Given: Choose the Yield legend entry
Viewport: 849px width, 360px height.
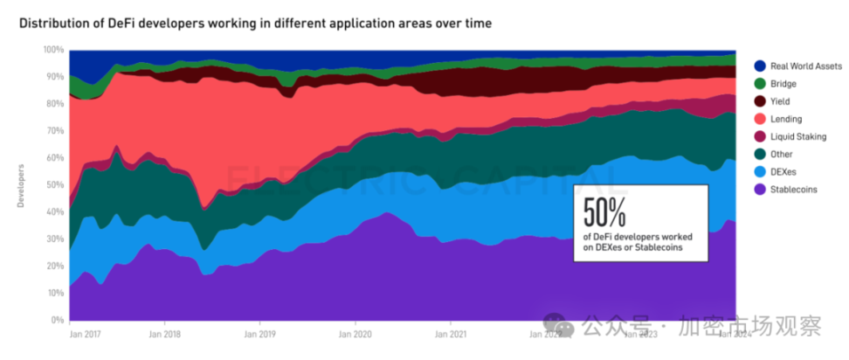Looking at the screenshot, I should point(780,100).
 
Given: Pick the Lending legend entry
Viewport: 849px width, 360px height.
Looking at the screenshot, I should point(786,119).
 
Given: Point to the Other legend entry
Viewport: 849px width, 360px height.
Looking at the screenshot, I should point(782,154).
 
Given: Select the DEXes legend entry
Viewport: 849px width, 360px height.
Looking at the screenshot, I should point(783,171).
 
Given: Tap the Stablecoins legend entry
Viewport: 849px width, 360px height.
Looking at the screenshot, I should point(793,189).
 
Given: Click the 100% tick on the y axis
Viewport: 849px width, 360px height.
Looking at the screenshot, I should point(53,50).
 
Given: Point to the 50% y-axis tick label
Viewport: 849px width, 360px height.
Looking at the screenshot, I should point(55,185).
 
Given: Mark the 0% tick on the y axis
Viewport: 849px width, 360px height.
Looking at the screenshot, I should point(58,320).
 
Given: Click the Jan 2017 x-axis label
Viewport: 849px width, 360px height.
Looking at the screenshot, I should point(85,333).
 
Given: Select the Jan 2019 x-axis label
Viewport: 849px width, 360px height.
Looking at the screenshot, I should point(259,333).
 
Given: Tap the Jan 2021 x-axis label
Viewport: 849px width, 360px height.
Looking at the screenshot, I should point(449,333).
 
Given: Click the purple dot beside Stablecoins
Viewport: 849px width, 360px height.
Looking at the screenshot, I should point(759,189).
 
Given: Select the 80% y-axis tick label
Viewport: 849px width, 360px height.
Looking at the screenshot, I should point(55,104).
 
